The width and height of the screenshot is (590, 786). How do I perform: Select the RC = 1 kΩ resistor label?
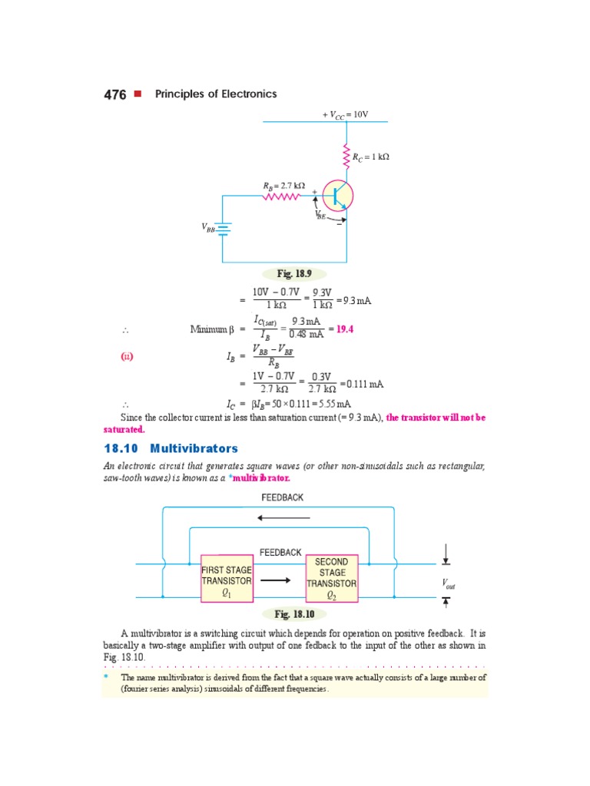(371, 157)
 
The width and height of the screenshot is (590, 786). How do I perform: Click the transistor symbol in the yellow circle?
(337, 196)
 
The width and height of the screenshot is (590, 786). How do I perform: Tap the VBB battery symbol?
(224, 228)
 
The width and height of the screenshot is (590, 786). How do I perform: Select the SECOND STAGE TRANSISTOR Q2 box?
(332, 578)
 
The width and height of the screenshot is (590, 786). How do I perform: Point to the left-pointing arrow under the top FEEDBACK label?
(283, 517)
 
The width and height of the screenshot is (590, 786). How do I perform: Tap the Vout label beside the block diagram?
(448, 585)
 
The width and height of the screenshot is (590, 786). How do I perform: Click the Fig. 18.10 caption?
(295, 614)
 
